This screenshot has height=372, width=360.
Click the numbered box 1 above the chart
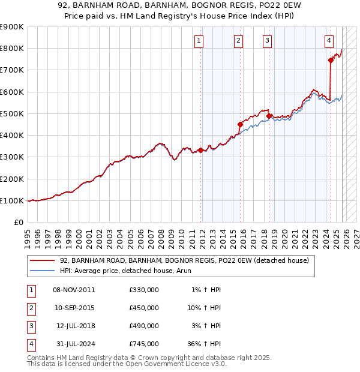(199, 41)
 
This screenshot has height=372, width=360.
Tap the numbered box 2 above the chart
(238, 41)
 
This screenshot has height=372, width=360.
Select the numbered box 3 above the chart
(267, 41)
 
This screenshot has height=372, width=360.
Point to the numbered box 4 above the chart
(329, 41)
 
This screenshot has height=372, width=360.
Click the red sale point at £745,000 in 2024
(331, 60)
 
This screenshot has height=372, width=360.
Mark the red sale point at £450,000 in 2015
(240, 124)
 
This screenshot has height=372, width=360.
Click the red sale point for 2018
(269, 116)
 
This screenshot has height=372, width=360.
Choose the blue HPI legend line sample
(43, 271)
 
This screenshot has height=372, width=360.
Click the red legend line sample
(43, 260)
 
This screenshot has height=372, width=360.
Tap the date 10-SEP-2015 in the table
(74, 308)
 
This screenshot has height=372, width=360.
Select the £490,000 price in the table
(144, 326)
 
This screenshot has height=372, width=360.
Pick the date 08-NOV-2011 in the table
(74, 290)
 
